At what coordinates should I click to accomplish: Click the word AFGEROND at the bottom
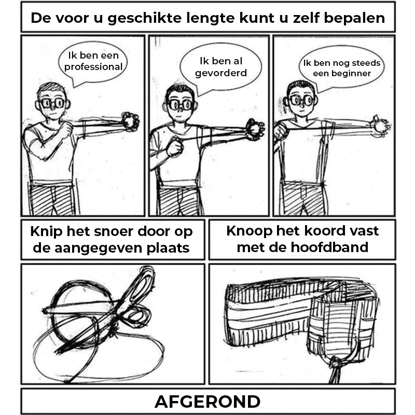[x=208, y=402]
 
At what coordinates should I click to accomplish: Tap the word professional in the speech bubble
[x=93, y=67]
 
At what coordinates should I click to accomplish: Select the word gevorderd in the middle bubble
[x=221, y=73]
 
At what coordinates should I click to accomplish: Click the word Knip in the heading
[x=47, y=232]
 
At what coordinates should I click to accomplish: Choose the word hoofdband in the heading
[x=329, y=247]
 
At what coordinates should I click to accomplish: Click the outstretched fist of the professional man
[x=130, y=121]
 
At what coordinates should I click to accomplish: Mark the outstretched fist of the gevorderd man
[x=255, y=129]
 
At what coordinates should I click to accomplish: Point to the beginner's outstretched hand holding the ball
[x=381, y=126]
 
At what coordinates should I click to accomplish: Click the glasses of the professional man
[x=53, y=103]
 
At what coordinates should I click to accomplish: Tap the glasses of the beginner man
[x=302, y=100]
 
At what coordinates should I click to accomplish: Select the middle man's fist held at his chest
[x=175, y=146]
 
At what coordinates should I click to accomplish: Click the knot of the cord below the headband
[x=336, y=363]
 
